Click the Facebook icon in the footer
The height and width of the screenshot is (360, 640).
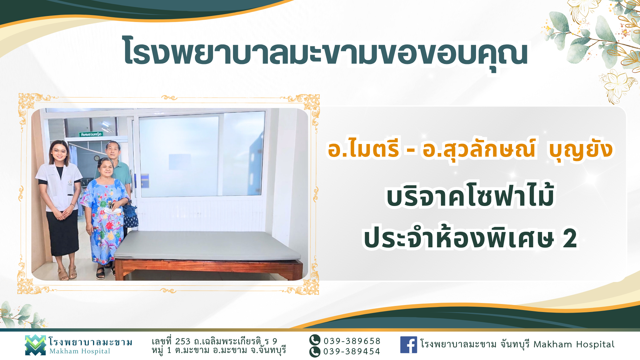tap(408, 344)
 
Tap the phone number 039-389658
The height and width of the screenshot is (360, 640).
tap(352, 341)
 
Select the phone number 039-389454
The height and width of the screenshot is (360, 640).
tap(352, 351)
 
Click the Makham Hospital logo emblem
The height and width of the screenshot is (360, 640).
tap(35, 345)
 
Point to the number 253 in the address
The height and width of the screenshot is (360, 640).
tap(183, 341)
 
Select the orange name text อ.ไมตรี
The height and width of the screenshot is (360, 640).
tap(363, 149)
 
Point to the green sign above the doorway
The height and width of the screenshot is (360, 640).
tap(91, 134)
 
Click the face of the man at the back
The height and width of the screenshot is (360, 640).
tap(113, 151)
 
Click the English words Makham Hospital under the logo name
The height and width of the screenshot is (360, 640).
tap(80, 351)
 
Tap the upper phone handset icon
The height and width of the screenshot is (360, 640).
tap(315, 340)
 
